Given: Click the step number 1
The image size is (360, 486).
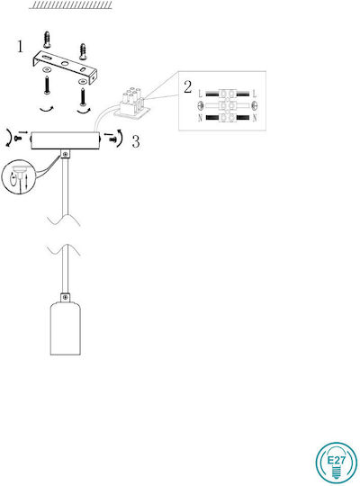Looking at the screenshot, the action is pyautogui.click(x=20, y=47).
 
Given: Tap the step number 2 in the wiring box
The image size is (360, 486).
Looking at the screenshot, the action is pyautogui.click(x=188, y=87).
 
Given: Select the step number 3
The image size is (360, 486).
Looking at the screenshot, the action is pyautogui.click(x=136, y=141).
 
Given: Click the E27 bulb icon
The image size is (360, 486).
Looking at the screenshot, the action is pyautogui.click(x=336, y=463).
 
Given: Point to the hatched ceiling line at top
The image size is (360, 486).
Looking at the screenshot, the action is pyautogui.click(x=71, y=5).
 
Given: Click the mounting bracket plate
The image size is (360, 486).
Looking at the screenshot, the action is pyautogui.click(x=65, y=67).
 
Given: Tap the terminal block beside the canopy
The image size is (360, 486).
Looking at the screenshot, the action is pyautogui.click(x=132, y=103).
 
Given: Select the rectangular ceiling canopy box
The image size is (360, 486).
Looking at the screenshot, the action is pyautogui.click(x=65, y=140).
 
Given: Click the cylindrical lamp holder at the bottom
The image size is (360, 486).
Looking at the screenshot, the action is pyautogui.click(x=66, y=328).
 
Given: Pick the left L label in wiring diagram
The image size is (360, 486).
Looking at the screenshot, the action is pyautogui.click(x=201, y=94).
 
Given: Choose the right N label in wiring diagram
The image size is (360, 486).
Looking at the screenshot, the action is pyautogui.click(x=255, y=118).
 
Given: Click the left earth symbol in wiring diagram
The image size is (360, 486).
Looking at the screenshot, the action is pyautogui.click(x=201, y=106).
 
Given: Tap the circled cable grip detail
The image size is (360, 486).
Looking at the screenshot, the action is pyautogui.click(x=19, y=177).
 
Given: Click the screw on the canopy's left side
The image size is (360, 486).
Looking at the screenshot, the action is pyautogui.click(x=18, y=139).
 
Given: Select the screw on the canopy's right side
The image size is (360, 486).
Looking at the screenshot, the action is pyautogui.click(x=113, y=139).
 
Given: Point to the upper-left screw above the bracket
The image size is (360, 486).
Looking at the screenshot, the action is pyautogui.click(x=47, y=40).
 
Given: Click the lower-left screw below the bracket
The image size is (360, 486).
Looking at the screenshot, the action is pyautogui.click(x=47, y=85).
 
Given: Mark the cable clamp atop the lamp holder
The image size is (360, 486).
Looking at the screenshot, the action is pyautogui.click(x=65, y=297).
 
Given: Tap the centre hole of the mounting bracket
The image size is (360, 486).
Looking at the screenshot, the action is pyautogui.click(x=65, y=64).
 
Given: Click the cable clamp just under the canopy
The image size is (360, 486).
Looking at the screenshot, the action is pyautogui.click(x=66, y=154).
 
